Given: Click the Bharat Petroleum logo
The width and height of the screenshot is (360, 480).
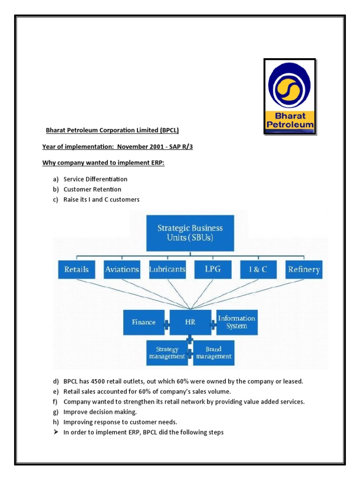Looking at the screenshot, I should tap(289, 97).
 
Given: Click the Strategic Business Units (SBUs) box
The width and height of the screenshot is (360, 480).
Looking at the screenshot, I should tap(190, 233).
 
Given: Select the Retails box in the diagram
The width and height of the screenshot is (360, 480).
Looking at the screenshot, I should tap(76, 269).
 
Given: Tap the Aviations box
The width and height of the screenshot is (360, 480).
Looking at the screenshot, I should tap(122, 269).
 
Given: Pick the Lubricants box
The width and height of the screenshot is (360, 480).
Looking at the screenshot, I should tap(167, 269).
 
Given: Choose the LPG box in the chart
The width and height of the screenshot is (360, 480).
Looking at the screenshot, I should tap(212, 269).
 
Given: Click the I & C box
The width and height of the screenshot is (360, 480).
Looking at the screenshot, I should tap(258, 269).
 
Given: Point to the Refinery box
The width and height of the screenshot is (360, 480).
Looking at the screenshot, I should tap(304, 269).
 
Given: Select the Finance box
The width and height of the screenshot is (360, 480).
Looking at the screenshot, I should tap(143, 322).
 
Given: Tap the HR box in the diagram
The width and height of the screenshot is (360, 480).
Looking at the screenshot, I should tap(190, 322).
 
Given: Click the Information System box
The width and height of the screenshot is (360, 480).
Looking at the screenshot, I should tap(236, 322).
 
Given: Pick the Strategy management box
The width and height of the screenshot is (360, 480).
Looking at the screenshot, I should tap(167, 352).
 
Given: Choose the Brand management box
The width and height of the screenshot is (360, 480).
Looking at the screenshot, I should tap(213, 352).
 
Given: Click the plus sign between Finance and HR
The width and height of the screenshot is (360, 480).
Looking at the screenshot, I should tap(166, 323).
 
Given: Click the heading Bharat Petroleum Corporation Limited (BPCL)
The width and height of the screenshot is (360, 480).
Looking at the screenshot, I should tap(112, 130).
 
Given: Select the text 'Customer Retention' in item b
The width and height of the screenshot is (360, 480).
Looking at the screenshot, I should tap(92, 189).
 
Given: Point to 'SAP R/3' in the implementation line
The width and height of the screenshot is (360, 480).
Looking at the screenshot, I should tap(180, 147).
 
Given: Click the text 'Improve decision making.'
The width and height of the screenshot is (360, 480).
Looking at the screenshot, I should tap(100, 412).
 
